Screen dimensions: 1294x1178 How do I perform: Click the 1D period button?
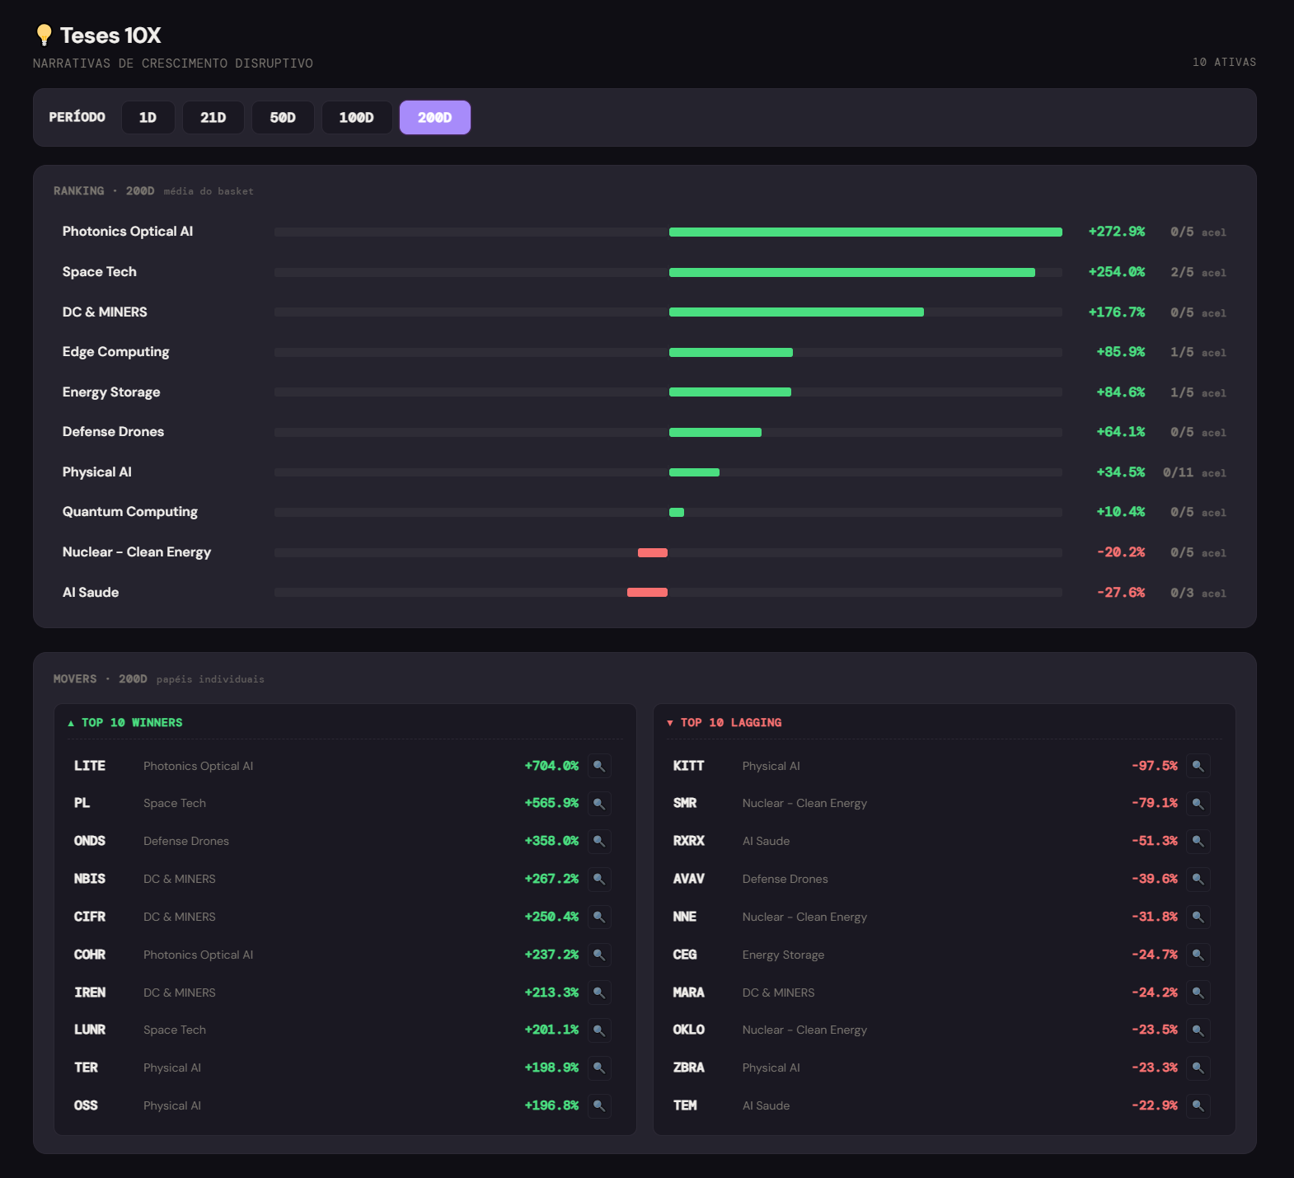pyautogui.click(x=148, y=118)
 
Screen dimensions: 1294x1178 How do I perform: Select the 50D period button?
pyautogui.click(x=283, y=118)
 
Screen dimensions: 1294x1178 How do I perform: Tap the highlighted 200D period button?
pyautogui.click(x=435, y=118)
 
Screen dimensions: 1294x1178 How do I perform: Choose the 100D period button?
pyautogui.click(x=356, y=118)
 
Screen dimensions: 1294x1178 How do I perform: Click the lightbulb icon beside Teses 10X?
pyautogui.click(x=44, y=35)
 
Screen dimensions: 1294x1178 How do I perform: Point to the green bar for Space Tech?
pyautogui.click(x=852, y=272)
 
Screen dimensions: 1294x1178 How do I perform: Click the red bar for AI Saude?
pyautogui.click(x=647, y=593)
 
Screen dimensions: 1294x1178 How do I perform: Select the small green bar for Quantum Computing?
pyautogui.click(x=677, y=513)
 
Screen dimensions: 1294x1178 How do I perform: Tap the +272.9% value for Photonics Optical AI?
pyautogui.click(x=1117, y=232)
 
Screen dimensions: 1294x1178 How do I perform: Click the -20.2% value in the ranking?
pyautogui.click(x=1121, y=552)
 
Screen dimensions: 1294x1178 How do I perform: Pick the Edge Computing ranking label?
pyautogui.click(x=116, y=352)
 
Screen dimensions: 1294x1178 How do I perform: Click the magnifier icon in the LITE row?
pyautogui.click(x=599, y=766)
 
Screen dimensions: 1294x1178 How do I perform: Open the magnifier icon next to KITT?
pyautogui.click(x=1198, y=766)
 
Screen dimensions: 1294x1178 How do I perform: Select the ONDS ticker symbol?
pyautogui.click(x=90, y=841)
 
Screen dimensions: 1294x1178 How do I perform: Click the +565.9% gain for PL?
pyautogui.click(x=551, y=803)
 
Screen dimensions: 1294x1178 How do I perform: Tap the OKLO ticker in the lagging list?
pyautogui.click(x=689, y=1030)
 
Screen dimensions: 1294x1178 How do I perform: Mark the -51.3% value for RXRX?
pyautogui.click(x=1155, y=841)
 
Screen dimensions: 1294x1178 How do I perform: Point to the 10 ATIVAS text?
pyautogui.click(x=1225, y=63)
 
